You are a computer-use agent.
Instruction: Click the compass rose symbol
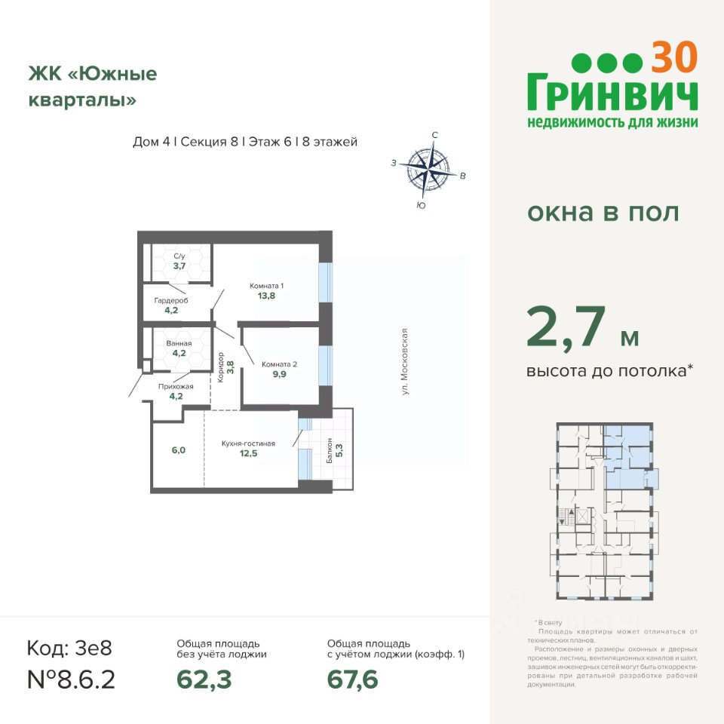coord(428,169)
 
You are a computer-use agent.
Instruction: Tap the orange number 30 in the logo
coord(673,57)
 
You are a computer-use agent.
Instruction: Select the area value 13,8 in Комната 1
coord(266,296)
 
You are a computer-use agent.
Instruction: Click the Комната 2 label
coord(279,364)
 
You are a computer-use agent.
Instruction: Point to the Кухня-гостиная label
coord(248,443)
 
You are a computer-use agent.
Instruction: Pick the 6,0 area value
coord(179,449)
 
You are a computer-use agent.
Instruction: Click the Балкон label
coord(330,450)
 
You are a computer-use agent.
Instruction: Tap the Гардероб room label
coord(171,301)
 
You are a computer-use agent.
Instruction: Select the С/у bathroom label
coord(179,256)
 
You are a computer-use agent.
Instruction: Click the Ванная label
coord(179,344)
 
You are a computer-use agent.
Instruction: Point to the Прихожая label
coord(176,386)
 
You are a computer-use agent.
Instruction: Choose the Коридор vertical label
coord(221,367)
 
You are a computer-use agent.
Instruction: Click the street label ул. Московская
coord(405,361)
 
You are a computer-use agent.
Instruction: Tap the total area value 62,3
coord(204,680)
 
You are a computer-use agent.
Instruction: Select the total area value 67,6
coord(352,680)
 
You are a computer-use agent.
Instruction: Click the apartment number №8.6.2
coord(71,680)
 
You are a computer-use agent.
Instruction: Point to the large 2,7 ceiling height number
coord(566,327)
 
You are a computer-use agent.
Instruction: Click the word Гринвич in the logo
coord(612,92)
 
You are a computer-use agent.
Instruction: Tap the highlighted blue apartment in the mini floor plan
coord(628,457)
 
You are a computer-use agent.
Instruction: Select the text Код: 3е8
coord(69,648)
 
